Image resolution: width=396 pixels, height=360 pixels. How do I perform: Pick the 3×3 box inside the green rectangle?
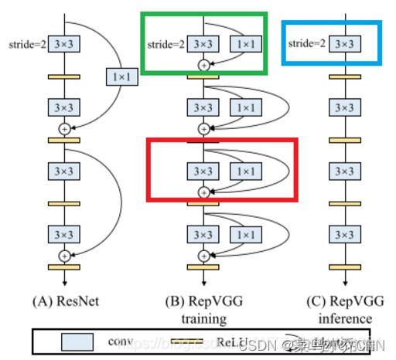pyautogui.click(x=204, y=44)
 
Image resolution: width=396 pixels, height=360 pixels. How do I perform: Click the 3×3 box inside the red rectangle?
pyautogui.click(x=204, y=170)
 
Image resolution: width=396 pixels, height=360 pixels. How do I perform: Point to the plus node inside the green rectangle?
pyautogui.click(x=204, y=66)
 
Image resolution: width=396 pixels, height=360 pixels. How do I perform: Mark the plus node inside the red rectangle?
pyautogui.click(x=204, y=191)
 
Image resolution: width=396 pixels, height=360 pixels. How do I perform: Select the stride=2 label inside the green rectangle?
pyautogui.click(x=166, y=44)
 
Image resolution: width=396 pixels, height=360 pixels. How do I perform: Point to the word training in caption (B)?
pyautogui.click(x=204, y=318)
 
